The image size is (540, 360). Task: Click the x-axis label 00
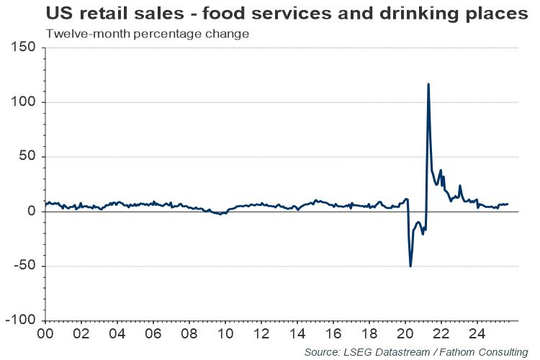[45, 335]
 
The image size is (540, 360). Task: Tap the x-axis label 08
[189, 335]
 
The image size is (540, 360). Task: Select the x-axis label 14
[297, 335]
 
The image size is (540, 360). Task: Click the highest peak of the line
[428, 84]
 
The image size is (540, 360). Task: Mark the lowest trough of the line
[410, 266]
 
